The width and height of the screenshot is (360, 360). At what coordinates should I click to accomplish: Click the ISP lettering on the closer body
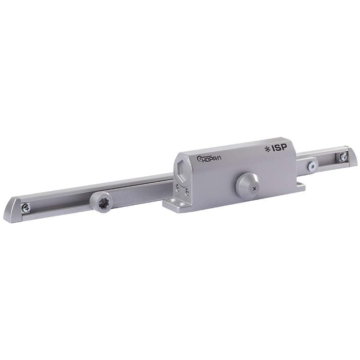(279, 148)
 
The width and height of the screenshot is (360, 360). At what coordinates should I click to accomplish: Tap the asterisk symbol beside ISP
(267, 150)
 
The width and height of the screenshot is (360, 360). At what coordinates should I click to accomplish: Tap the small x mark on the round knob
(254, 189)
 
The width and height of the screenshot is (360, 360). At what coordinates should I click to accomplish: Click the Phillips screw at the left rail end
(27, 207)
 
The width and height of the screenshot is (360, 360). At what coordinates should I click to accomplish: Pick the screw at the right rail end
(343, 157)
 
